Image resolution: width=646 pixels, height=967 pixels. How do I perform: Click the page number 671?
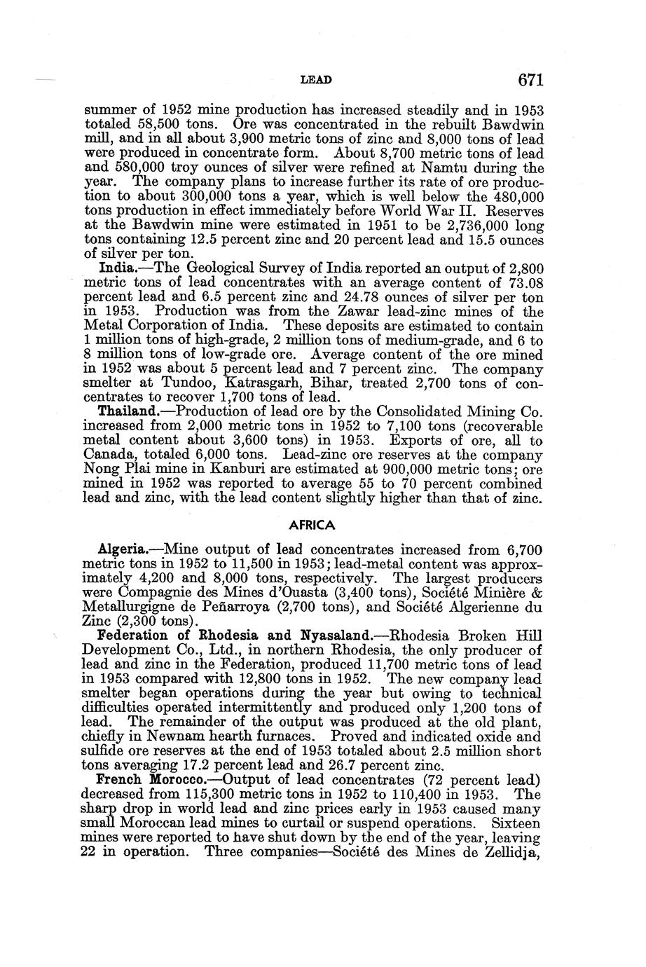[531, 81]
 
